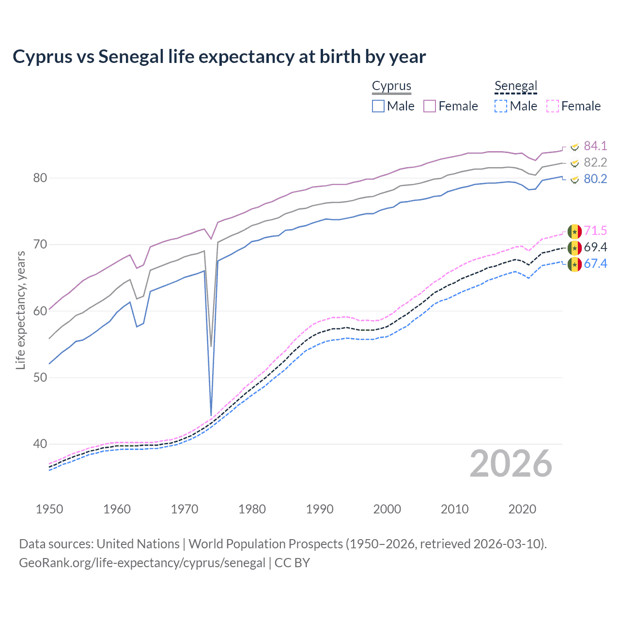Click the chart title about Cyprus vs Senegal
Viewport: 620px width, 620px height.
(x=219, y=57)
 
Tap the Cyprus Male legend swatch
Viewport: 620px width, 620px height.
(x=378, y=106)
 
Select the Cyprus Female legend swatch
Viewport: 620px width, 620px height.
(x=430, y=106)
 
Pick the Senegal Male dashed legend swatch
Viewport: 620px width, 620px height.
(x=501, y=106)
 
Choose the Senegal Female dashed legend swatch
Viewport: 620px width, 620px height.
(x=553, y=106)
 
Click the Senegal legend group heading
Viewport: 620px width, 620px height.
(x=516, y=86)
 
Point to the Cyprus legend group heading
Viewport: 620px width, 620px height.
(x=391, y=86)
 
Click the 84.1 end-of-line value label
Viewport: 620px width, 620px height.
(x=595, y=146)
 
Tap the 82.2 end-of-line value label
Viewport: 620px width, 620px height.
(x=595, y=162)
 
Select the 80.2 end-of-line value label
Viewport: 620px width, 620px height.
(x=595, y=179)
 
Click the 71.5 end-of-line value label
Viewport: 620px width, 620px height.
(x=595, y=231)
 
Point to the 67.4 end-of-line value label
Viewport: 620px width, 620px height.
(x=595, y=263)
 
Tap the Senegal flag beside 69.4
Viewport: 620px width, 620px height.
(x=574, y=248)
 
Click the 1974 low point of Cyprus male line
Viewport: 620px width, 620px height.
(x=211, y=415)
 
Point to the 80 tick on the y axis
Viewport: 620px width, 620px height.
(x=40, y=178)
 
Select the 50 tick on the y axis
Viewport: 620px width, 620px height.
(x=40, y=377)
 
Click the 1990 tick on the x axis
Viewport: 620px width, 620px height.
(x=320, y=509)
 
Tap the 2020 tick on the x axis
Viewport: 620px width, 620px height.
(x=522, y=509)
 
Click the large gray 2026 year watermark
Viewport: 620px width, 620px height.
(x=511, y=464)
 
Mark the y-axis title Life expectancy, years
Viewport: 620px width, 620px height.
(x=20, y=310)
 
